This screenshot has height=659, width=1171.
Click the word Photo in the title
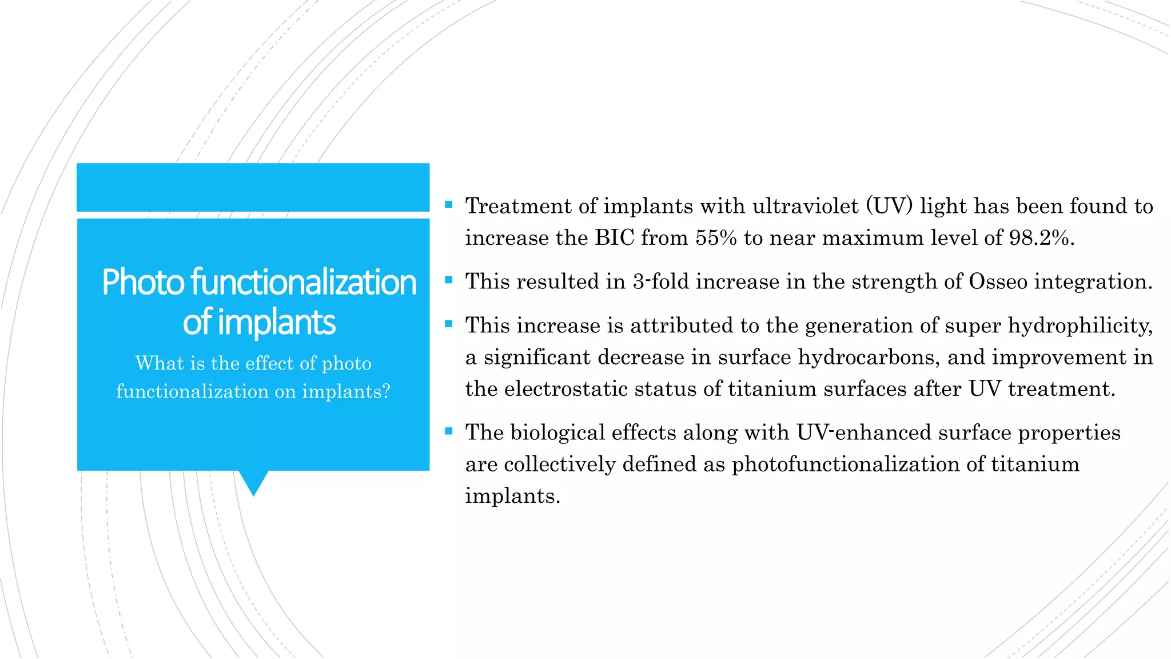point(142,282)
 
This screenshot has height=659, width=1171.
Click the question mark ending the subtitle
point(387,391)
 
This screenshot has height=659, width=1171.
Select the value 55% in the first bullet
point(716,237)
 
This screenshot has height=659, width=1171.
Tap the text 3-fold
point(660,281)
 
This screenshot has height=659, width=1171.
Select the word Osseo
point(998,281)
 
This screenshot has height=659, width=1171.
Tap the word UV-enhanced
point(864,432)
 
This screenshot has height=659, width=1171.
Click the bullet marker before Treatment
point(449,204)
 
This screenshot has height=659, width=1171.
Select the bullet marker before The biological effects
point(449,431)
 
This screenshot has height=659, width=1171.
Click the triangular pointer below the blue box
point(253,482)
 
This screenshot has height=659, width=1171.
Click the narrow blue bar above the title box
point(253,187)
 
